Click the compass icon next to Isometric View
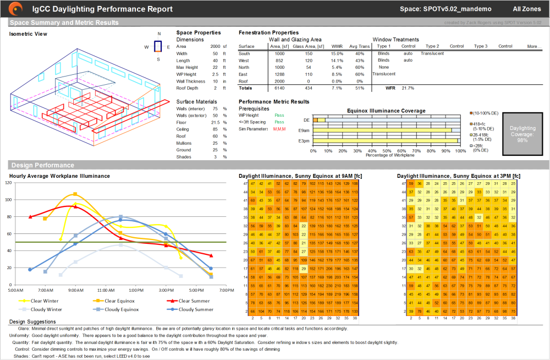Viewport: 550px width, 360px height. pyautogui.click(x=158, y=47)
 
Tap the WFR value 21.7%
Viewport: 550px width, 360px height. pyautogui.click(x=408, y=88)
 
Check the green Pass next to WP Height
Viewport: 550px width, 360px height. pyautogui.click(x=279, y=115)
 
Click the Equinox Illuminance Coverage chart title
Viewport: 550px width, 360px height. pyautogui.click(x=386, y=111)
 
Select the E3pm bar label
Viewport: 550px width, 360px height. pyautogui.click(x=304, y=141)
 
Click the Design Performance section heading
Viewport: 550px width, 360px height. pyautogui.click(x=42, y=165)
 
